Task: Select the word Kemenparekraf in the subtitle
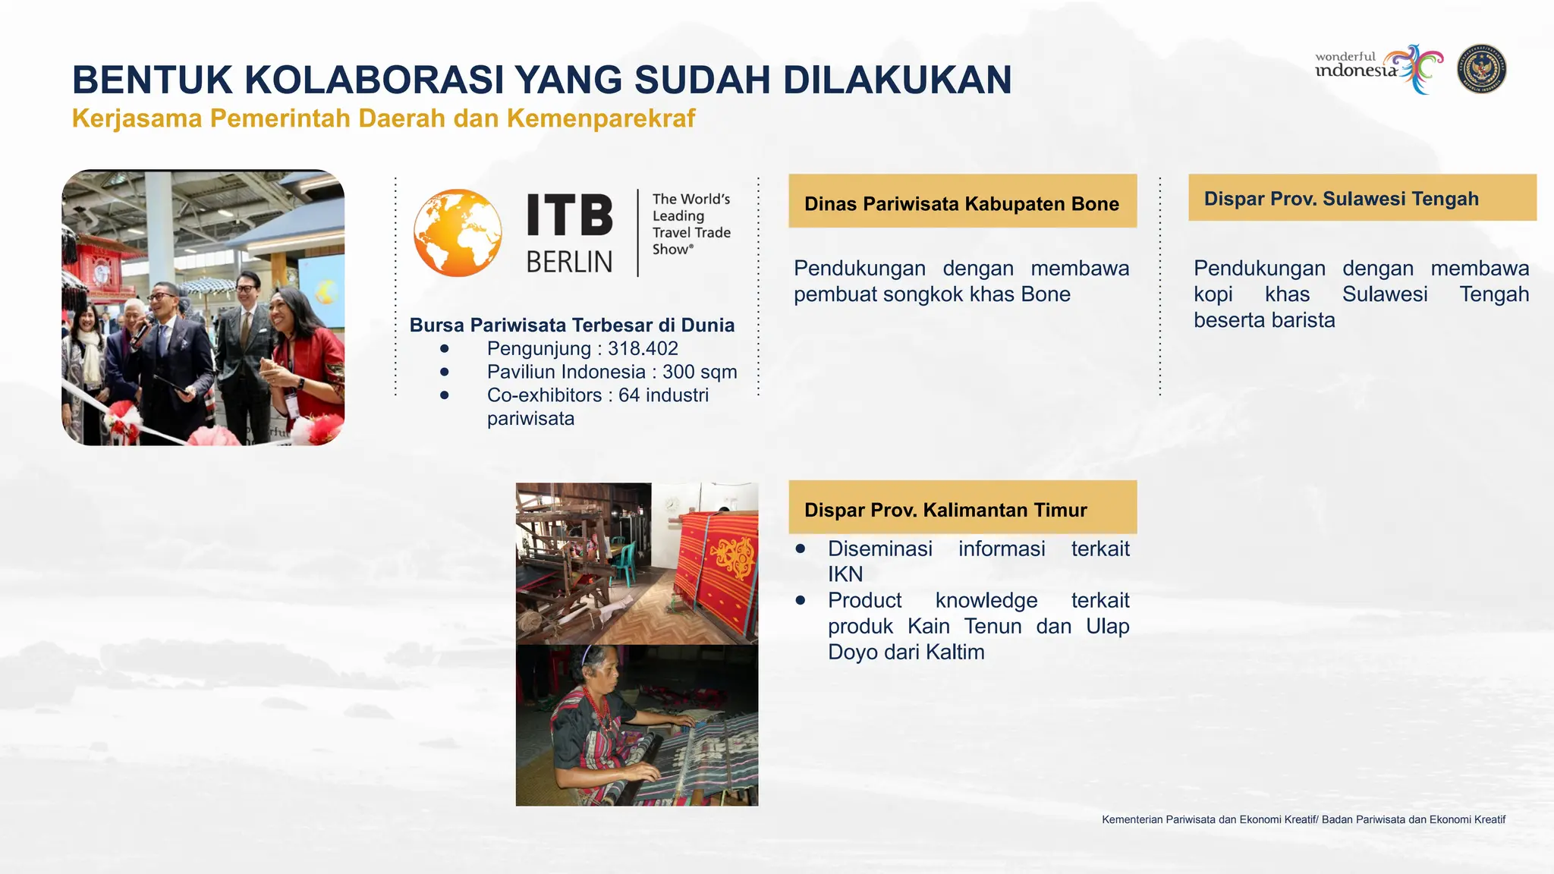601,118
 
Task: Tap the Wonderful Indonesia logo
1378,68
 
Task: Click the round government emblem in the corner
1482,70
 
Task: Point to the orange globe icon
458,232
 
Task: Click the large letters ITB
570,215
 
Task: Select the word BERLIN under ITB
569,262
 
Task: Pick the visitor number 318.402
643,348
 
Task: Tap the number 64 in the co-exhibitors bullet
629,395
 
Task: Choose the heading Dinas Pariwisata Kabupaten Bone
961,203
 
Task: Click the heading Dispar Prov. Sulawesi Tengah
1341,199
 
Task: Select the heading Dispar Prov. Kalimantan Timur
945,510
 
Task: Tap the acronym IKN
845,574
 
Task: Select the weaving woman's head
599,665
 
